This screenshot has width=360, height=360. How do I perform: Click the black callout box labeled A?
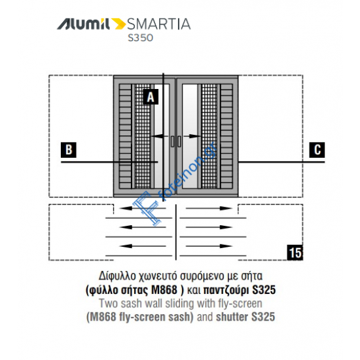[151, 98]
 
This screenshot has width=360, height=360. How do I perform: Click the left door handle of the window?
[171, 142]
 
